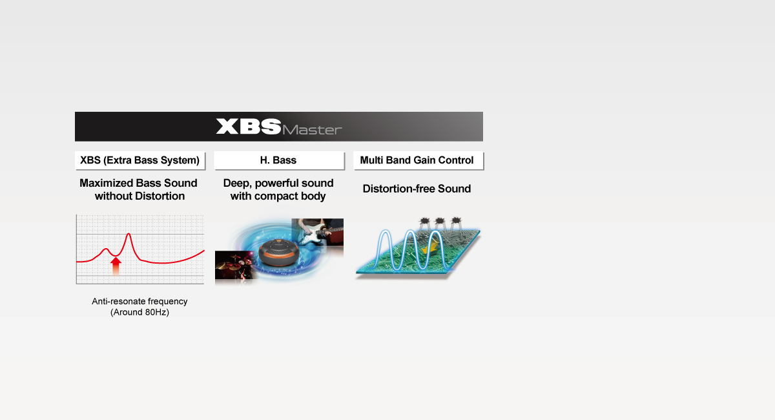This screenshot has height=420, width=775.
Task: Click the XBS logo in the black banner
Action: [249, 126]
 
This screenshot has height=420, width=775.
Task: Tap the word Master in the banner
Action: [312, 129]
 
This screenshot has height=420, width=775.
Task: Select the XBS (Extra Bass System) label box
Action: [139, 160]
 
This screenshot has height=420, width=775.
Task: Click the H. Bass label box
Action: [278, 160]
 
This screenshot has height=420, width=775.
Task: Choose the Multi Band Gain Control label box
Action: [417, 160]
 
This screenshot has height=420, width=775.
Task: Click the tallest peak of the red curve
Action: [129, 234]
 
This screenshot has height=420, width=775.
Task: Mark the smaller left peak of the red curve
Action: [106, 249]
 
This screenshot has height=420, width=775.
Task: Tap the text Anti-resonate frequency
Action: [139, 301]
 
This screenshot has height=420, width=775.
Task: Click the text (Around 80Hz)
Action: [139, 313]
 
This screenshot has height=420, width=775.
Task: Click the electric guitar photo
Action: [318, 233]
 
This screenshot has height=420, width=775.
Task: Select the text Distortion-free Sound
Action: [417, 189]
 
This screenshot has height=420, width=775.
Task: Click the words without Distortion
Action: [139, 196]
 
